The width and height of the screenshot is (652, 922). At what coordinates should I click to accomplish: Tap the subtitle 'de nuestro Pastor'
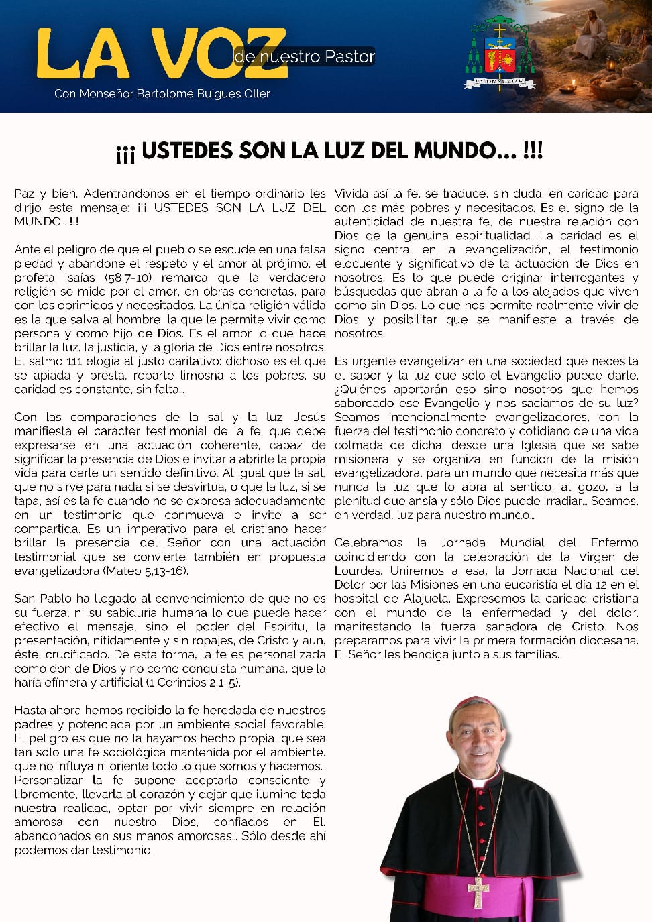[x=305, y=56]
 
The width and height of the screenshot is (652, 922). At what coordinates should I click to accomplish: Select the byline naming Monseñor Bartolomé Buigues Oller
[x=162, y=93]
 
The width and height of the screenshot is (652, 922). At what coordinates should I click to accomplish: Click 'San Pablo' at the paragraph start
[x=41, y=599]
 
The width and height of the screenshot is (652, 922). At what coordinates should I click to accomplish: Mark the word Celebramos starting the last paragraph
[x=368, y=542]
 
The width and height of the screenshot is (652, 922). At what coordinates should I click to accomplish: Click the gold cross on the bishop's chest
[x=478, y=890]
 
